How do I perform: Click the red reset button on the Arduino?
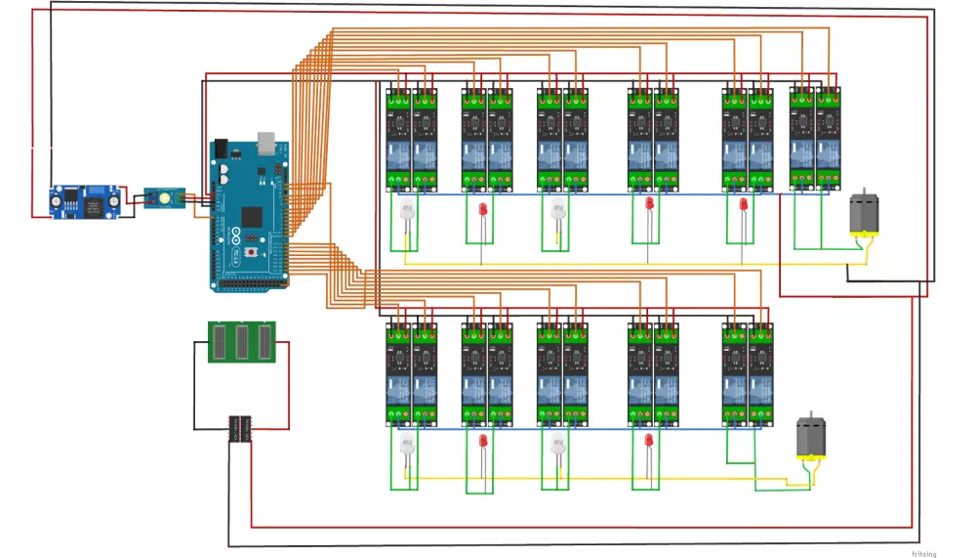tap(254, 252)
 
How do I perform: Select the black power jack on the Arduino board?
tap(221, 149)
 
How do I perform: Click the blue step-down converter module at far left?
tap(84, 202)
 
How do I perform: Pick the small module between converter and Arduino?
tap(165, 198)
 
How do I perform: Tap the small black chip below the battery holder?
tap(240, 428)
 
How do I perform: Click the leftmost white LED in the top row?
tap(408, 212)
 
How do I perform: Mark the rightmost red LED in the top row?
tap(743, 206)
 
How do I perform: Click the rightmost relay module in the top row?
tap(829, 137)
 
